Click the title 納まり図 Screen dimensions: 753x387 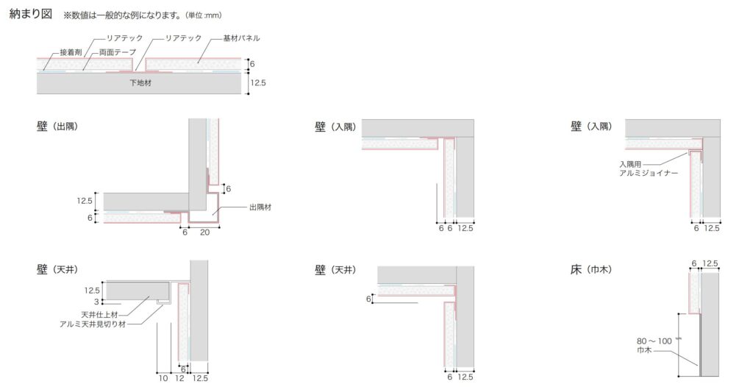click(x=31, y=14)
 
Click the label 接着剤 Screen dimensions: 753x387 click(x=71, y=52)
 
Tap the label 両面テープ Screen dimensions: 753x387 click(x=118, y=52)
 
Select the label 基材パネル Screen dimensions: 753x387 click(x=241, y=38)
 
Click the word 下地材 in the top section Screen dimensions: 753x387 click(x=140, y=82)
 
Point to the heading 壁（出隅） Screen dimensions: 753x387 click(x=57, y=127)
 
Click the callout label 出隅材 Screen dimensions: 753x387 click(x=260, y=207)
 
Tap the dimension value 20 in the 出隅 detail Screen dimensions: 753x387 click(x=204, y=232)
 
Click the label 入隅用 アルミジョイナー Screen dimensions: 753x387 click(x=649, y=168)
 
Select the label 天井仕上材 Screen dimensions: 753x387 click(x=99, y=315)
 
